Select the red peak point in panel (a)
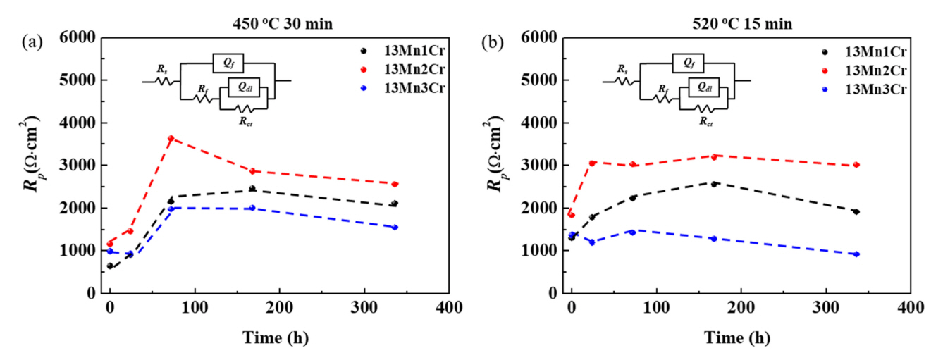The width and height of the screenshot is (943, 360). point(171,138)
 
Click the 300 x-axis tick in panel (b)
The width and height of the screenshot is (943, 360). point(826,308)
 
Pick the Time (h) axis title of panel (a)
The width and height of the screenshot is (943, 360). point(280,337)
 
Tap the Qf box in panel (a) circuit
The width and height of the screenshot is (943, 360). point(229,63)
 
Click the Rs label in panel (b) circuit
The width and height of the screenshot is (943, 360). point(622,69)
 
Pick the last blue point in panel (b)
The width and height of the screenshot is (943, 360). point(856,254)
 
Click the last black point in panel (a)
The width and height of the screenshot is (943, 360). point(395,204)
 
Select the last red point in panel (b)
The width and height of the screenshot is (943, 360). point(856,165)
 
